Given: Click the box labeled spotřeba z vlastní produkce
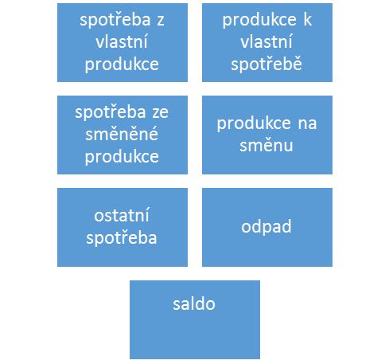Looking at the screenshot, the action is pos(123,42).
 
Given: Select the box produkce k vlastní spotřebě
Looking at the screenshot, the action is pos(267,42).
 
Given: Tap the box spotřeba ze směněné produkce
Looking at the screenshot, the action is pos(123,135).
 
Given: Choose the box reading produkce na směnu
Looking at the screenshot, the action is pos(267,135).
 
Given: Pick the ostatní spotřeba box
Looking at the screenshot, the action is pos(123,227).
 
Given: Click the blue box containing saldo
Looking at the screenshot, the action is pos(195,319).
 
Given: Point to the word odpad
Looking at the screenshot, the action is pos(266,227).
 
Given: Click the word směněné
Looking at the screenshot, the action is pos(122,134).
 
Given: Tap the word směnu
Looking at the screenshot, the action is pos(266,145).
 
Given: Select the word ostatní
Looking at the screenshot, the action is pos(122,215).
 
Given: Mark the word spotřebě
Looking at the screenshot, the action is pos(266,64).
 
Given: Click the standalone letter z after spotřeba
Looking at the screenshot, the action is pos(161,21).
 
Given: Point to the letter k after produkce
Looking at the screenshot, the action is pos(308,20).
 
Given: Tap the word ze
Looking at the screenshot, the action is pos(160,113).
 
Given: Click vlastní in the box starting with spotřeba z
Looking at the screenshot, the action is pos(122,41).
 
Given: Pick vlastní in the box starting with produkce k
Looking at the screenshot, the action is pos(266,41).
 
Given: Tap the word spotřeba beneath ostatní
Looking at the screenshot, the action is pos(122,238).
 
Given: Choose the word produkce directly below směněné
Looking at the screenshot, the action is pos(122,157).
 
